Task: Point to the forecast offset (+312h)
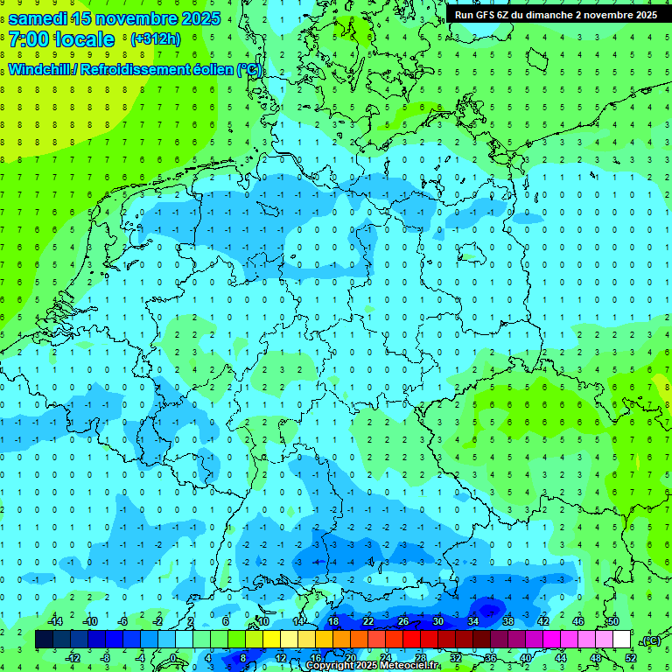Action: pyautogui.click(x=155, y=39)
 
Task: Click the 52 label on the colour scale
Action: pyautogui.click(x=630, y=658)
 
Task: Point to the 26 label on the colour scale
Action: pyautogui.click(x=403, y=620)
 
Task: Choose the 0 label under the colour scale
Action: pyautogui.click(x=172, y=658)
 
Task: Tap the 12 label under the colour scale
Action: pyautogui.click(x=281, y=658)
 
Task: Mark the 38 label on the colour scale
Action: pyautogui.click(x=507, y=620)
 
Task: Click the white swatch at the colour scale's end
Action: pyautogui.click(x=621, y=640)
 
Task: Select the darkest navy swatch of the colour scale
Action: pyautogui.click(x=44, y=640)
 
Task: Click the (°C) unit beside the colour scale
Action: pyautogui.click(x=650, y=640)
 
